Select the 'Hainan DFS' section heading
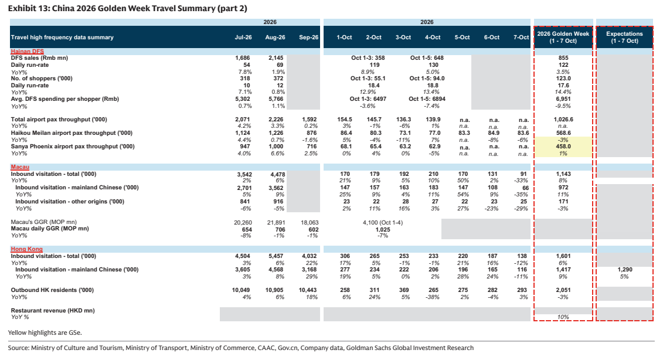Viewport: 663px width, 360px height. pos(28,51)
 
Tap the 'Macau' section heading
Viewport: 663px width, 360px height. pos(20,167)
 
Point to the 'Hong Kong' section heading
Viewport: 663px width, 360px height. pos(26,249)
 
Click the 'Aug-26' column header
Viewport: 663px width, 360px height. pos(275,37)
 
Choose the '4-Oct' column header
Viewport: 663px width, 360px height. pos(433,37)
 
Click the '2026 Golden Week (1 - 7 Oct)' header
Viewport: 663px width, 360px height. pos(563,37)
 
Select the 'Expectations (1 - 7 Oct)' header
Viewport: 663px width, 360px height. pos(624,37)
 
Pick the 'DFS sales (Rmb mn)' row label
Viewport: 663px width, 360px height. pos(39,58)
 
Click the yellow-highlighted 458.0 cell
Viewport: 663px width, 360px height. pos(563,147)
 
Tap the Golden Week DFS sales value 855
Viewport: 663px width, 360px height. pos(563,58)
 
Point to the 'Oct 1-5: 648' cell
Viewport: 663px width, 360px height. pos(427,58)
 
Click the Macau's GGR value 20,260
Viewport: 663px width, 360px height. pos(243,222)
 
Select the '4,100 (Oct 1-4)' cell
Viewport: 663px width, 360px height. pos(383,222)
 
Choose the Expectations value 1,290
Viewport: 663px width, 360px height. pos(624,270)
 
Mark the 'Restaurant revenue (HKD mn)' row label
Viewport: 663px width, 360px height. pos(53,311)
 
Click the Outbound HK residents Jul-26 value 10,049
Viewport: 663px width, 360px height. pos(241,290)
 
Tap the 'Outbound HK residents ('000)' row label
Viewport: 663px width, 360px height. pos(52,290)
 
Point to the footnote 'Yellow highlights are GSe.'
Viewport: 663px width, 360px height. pos(45,332)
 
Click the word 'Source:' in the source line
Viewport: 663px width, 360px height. pos(18,348)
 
